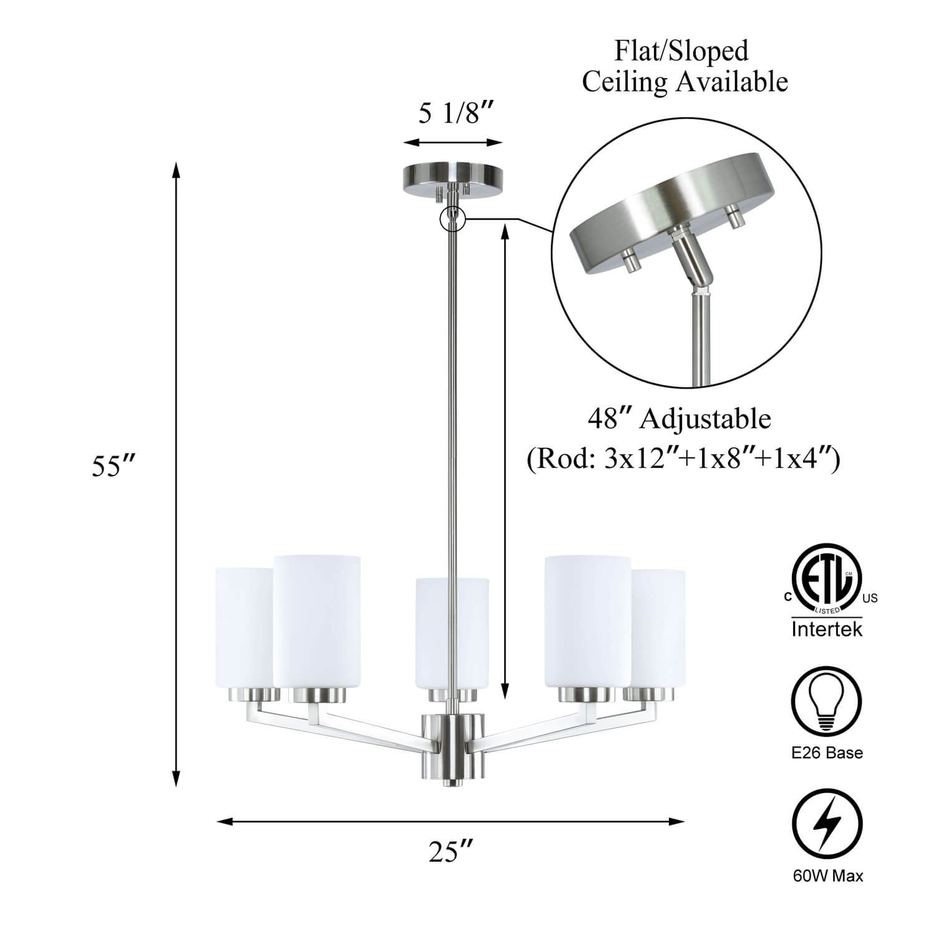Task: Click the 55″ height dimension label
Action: [x=114, y=466]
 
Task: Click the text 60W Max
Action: [x=828, y=876]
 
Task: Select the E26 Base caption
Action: [x=827, y=753]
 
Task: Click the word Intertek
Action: [x=827, y=629]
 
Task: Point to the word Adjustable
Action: [x=705, y=419]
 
